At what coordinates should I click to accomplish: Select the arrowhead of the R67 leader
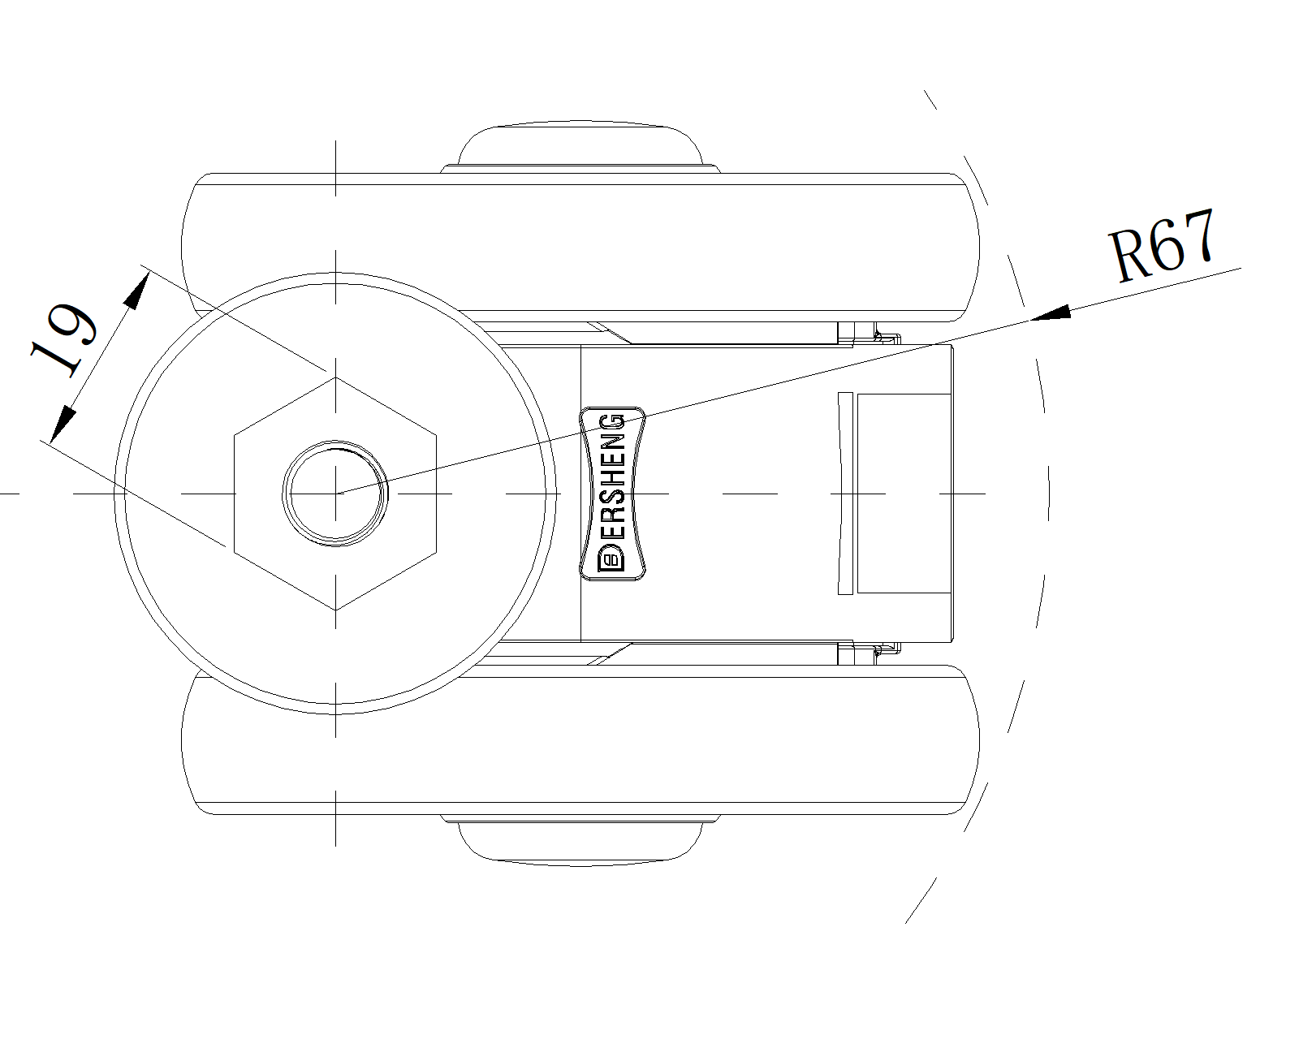(1051, 313)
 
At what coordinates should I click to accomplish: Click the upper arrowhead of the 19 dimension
(136, 291)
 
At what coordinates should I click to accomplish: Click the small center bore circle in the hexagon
(335, 494)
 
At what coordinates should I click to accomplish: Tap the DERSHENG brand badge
(612, 494)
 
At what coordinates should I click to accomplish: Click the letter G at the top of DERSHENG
(613, 424)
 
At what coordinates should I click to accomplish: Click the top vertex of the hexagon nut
(335, 377)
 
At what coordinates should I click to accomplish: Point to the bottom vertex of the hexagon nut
(335, 610)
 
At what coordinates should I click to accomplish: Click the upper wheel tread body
(580, 248)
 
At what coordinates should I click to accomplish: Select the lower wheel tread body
(580, 739)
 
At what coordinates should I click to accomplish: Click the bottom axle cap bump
(580, 841)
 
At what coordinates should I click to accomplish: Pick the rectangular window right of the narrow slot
(904, 494)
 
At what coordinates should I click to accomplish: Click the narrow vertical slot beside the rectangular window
(845, 494)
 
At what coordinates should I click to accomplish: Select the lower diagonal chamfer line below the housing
(610, 653)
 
